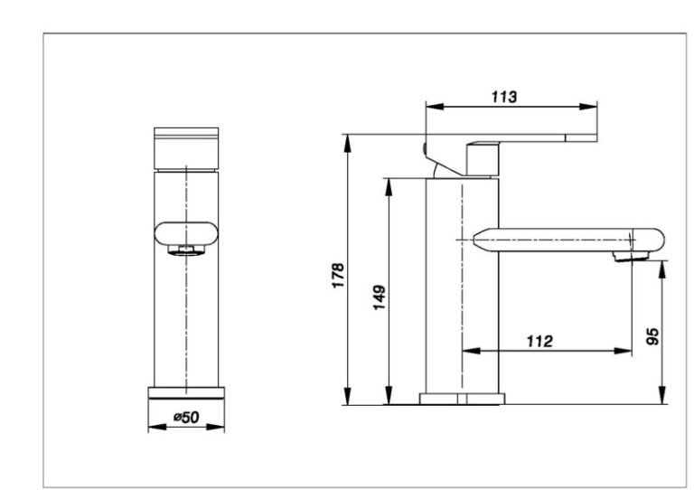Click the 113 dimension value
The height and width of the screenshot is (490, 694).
503,97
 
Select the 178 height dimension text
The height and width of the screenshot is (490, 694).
339,276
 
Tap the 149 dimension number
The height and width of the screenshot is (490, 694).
380,297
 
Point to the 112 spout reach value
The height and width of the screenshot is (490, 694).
539,341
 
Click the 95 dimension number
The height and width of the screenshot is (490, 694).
652,336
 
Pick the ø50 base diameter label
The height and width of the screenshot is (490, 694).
186,417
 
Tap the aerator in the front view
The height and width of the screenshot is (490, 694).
186,250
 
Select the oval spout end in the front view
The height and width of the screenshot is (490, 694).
186,233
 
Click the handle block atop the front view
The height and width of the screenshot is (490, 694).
186,149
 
